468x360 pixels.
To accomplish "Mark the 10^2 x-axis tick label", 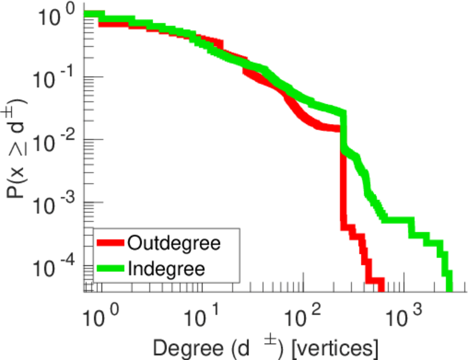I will coord(307,313).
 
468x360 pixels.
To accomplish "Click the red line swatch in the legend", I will coord(111,244).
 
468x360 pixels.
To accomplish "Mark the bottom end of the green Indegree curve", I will coord(449,286).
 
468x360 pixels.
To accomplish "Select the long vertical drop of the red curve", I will coord(343,186).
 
